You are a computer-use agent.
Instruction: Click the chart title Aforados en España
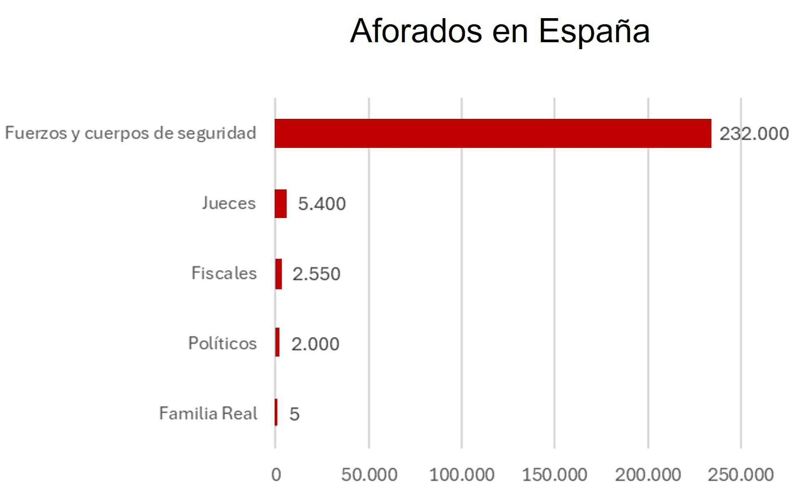[x=500, y=31]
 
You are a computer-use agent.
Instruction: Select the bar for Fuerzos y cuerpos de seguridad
[x=493, y=133]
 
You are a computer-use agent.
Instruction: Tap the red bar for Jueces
[x=280, y=204]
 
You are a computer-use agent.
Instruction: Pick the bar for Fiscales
[x=278, y=274]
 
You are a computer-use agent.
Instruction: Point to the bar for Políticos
[x=277, y=342]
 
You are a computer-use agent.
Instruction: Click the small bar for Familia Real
[x=276, y=412]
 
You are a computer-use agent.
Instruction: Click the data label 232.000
[x=754, y=134]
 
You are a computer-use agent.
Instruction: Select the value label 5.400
[x=322, y=204]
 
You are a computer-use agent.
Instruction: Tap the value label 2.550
[x=316, y=274]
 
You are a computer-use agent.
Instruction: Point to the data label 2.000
[x=315, y=344]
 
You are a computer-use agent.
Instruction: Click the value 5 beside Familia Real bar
[x=294, y=414]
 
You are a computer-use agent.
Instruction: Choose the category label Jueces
[x=229, y=203]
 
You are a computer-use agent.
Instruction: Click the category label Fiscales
[x=224, y=273]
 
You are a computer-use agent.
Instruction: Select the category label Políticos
[x=222, y=343]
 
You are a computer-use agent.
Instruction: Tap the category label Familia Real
[x=208, y=413]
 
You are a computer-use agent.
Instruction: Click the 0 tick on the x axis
[x=276, y=475]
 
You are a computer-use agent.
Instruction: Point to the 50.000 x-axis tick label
[x=369, y=475]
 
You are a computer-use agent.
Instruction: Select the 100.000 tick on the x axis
[x=462, y=475]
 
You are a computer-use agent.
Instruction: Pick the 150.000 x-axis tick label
[x=554, y=475]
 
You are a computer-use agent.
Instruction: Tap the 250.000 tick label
[x=740, y=475]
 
